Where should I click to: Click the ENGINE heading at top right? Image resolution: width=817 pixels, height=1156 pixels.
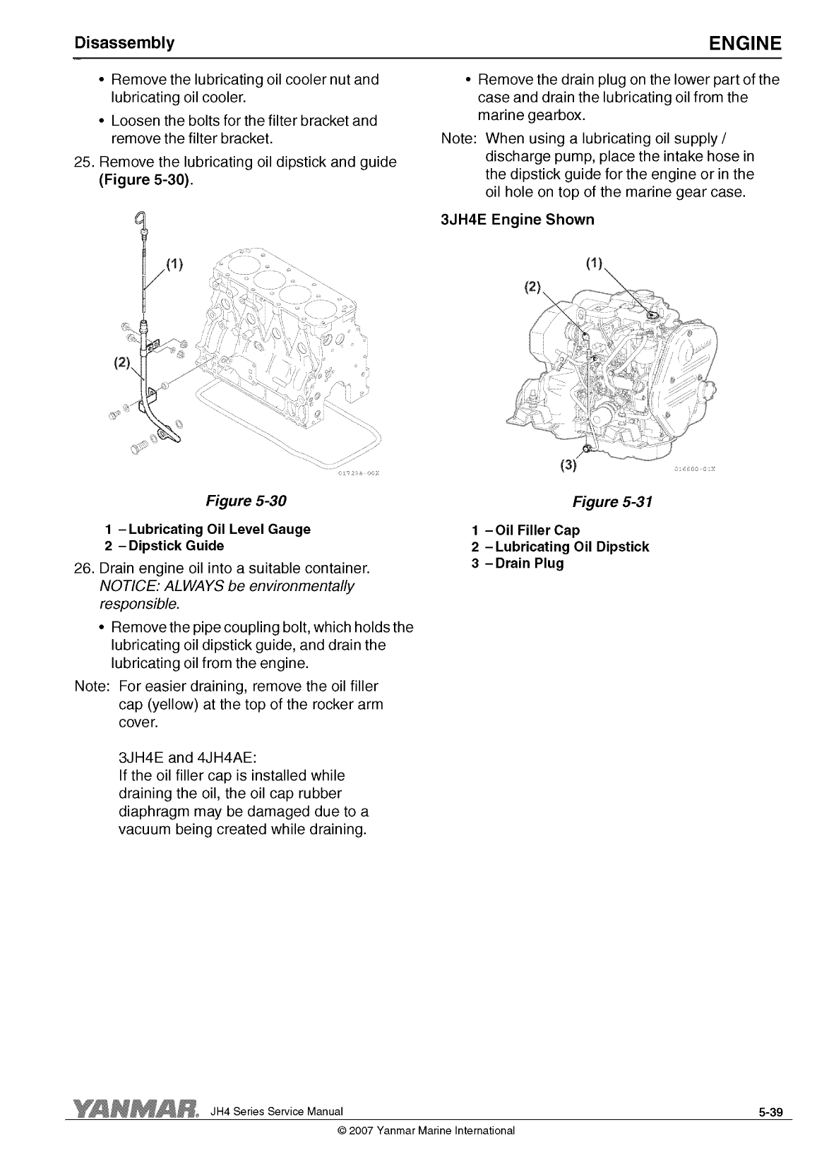745,43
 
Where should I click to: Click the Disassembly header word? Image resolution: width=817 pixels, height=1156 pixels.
124,43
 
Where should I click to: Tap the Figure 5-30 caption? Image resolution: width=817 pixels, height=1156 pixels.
246,501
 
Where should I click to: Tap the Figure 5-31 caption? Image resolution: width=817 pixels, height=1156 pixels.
612,501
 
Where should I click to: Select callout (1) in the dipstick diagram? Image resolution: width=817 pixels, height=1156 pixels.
174,264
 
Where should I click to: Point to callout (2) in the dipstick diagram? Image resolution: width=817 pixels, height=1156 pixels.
122,362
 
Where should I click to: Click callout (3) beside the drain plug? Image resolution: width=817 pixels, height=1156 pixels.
568,465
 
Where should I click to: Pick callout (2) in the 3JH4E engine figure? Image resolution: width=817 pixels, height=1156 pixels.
532,287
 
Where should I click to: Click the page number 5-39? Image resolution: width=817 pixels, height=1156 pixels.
770,1112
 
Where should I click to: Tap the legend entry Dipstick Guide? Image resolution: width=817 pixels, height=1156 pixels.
164,545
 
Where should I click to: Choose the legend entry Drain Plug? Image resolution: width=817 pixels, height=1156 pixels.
517,563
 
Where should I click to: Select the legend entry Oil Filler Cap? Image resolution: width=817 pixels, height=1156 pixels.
525,530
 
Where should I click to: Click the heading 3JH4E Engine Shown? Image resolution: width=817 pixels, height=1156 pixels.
517,220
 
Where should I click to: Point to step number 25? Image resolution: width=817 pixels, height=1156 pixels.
84,162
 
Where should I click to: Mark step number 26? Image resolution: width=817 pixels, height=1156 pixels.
84,568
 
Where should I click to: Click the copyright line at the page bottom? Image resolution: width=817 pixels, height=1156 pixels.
426,1131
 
